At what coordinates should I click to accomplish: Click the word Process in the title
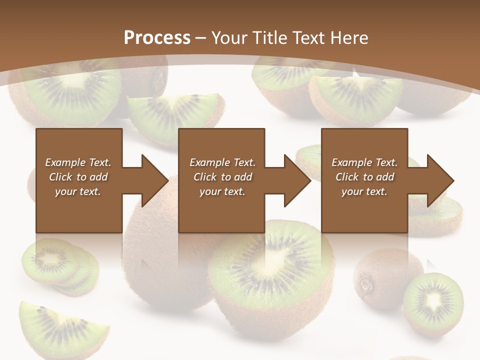[157, 37]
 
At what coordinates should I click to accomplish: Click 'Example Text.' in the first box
[78, 162]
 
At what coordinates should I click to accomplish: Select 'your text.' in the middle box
[222, 191]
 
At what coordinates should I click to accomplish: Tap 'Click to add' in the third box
[364, 177]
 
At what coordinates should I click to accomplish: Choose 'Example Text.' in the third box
[364, 162]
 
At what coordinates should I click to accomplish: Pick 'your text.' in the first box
[78, 191]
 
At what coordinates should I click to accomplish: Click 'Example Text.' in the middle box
[222, 162]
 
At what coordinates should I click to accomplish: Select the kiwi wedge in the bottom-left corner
[60, 325]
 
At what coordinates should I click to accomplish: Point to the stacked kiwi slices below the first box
[57, 265]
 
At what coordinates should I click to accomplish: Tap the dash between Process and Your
[201, 38]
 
